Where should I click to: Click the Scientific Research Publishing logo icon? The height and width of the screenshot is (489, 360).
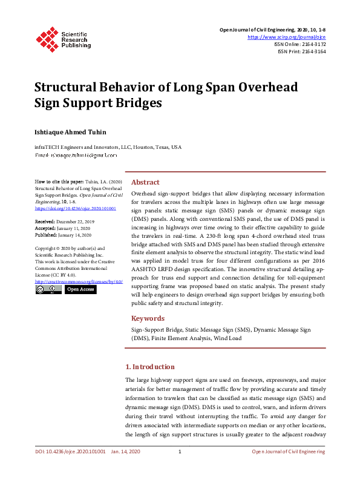47,38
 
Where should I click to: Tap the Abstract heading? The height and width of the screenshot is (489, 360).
145,182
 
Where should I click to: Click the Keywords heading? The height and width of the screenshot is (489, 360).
148,318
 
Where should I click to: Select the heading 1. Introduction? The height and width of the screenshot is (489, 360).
149,367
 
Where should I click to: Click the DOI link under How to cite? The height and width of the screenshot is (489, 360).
75,208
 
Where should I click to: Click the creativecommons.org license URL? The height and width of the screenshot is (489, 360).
79,281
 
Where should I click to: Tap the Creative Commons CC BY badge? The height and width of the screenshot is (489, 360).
48,290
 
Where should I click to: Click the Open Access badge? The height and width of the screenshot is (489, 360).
80,290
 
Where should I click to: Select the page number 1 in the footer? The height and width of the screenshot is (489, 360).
180,452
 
